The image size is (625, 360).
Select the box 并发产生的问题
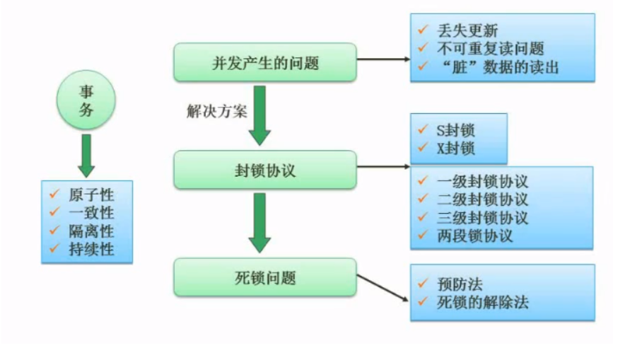pos(264,62)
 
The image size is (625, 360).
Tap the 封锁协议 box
pos(264,170)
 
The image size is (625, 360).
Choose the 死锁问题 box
pos(264,278)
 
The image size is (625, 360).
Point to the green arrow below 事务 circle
pos(86,153)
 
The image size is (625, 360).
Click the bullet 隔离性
pos(91,231)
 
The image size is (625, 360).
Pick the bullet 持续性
pos(91,248)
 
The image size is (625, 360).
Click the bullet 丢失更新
pos(467,31)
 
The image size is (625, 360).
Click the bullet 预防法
pos(460,284)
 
